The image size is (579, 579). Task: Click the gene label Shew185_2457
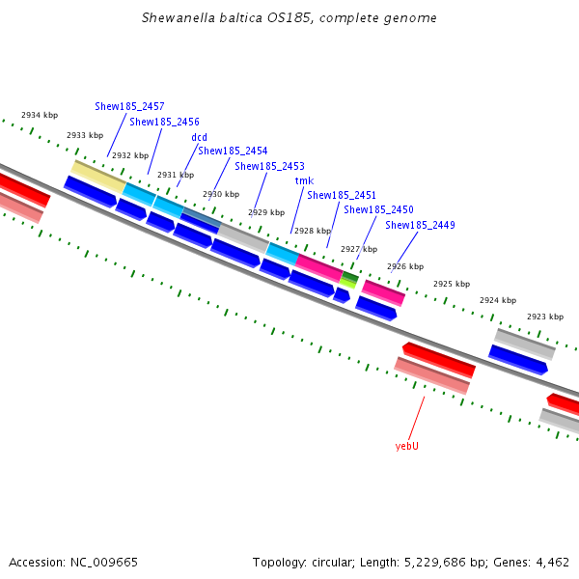[x=129, y=106]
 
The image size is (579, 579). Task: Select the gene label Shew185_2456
[x=164, y=122]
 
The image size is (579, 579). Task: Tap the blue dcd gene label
[x=199, y=137]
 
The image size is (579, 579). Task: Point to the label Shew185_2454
[x=233, y=151]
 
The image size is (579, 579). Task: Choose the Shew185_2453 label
[x=269, y=166]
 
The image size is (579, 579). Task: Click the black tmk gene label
[x=304, y=180]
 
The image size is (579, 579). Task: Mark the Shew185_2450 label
[x=378, y=209]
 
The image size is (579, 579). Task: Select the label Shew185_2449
[x=420, y=225]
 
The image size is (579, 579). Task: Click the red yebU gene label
[x=407, y=446]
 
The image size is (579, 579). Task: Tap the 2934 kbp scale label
[x=40, y=116]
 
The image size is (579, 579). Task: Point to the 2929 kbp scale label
[x=266, y=212]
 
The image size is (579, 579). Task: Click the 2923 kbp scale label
[x=544, y=317]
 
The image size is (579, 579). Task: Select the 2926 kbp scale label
[x=405, y=266]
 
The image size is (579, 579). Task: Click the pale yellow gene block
[x=98, y=176]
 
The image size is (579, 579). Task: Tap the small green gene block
[x=348, y=279]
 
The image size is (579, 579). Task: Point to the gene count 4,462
[x=552, y=562]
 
